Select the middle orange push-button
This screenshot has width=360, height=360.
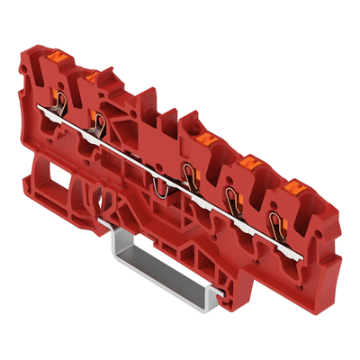[202, 139]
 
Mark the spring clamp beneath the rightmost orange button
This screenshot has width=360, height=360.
[281, 219]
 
